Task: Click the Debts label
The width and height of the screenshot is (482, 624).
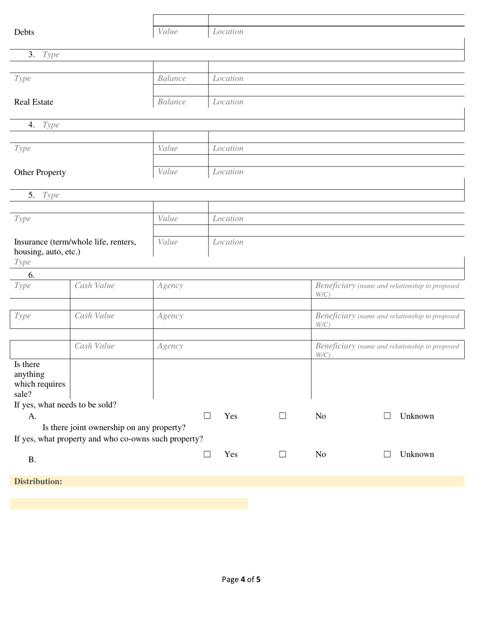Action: coord(24,32)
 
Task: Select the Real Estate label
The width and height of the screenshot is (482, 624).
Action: coord(33,102)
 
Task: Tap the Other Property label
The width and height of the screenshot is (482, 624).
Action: coord(40,172)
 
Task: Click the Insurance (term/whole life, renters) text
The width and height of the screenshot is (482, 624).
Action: coord(75,242)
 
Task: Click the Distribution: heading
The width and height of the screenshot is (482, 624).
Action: coord(38,481)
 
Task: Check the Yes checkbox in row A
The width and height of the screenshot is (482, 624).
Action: coord(207,416)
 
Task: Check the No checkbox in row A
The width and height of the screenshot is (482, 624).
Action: coord(283,416)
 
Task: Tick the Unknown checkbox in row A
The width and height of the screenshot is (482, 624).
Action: coord(387,416)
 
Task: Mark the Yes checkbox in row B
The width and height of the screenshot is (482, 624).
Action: coord(207,455)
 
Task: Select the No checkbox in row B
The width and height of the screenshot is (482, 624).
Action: coord(283,455)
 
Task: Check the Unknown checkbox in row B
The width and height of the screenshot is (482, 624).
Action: coord(387,455)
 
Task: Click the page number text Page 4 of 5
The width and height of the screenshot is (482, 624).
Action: coord(241,579)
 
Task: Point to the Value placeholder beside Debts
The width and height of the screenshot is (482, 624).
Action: coord(167,32)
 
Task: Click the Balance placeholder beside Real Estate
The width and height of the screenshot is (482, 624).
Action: coord(171,102)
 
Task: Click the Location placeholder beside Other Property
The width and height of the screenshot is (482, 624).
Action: coord(228,172)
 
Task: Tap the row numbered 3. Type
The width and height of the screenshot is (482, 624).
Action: coord(44,55)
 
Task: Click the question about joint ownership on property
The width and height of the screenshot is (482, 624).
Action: coord(114,427)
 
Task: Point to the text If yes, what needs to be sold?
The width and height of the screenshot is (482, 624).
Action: coord(65,405)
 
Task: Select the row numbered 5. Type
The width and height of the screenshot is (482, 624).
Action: coord(44,195)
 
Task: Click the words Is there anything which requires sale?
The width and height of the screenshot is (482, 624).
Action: coord(40,379)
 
